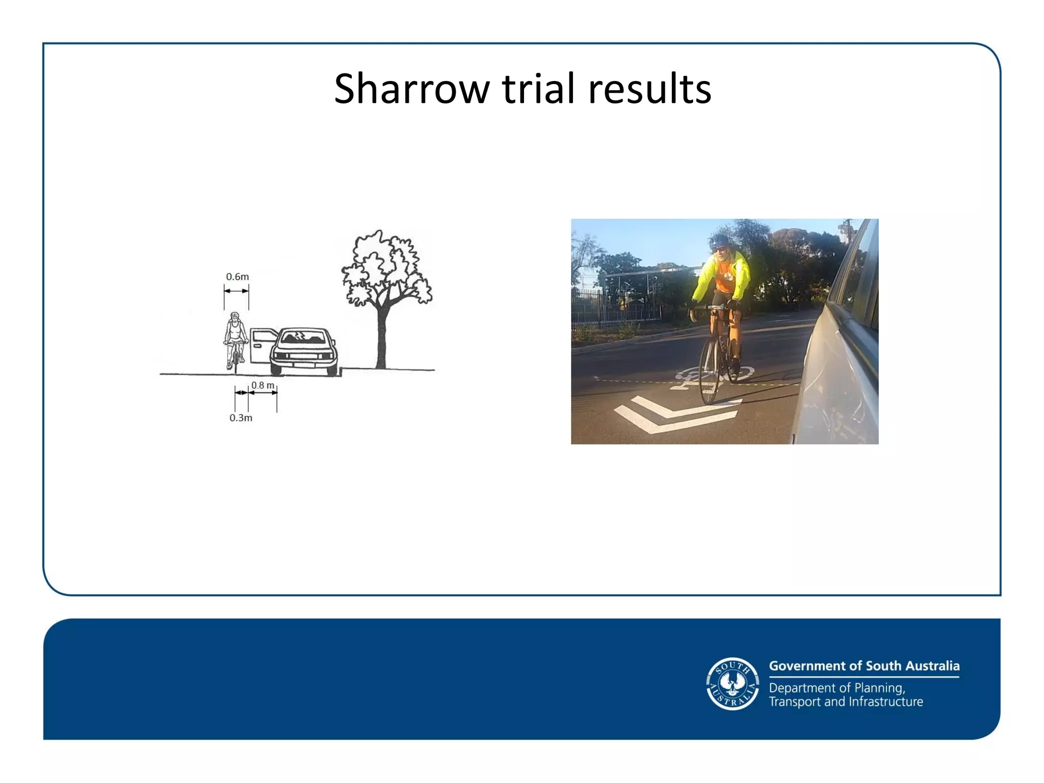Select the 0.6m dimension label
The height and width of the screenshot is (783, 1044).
(x=238, y=277)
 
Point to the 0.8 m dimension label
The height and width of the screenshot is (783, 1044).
(x=263, y=385)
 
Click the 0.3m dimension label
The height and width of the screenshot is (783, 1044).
(x=241, y=418)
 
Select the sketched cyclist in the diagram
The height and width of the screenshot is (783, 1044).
(x=235, y=339)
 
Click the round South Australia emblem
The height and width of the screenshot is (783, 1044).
(x=733, y=684)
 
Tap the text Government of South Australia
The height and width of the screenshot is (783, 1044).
(x=864, y=666)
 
